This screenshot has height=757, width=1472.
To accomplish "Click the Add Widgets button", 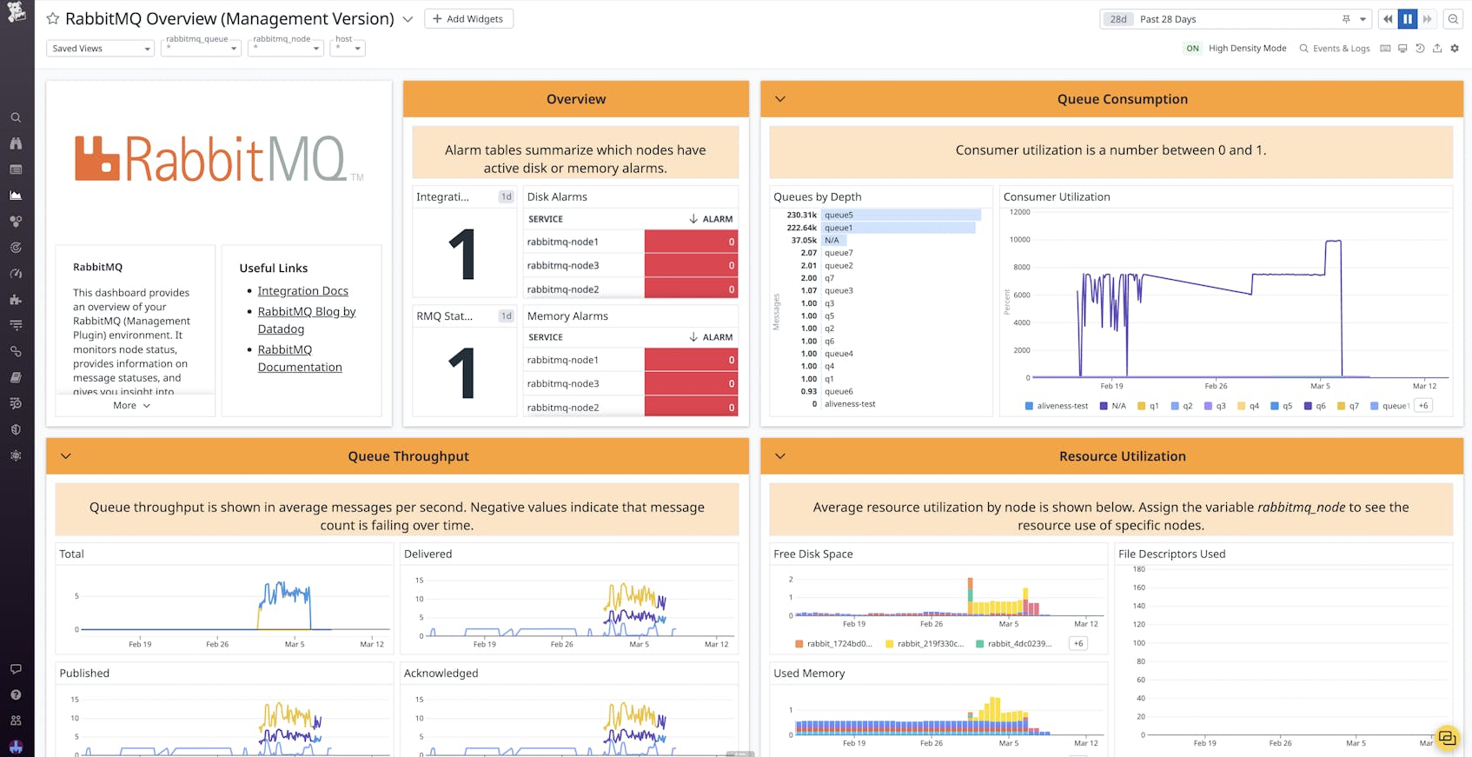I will [468, 19].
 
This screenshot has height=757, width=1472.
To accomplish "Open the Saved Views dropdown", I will [100, 49].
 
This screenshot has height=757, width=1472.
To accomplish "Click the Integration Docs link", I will [302, 291].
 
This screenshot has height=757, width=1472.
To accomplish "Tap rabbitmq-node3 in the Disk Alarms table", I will [562, 266].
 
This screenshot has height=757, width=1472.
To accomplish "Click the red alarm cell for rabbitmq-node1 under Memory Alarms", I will [691, 360].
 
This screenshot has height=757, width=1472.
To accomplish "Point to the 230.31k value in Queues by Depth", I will [801, 215].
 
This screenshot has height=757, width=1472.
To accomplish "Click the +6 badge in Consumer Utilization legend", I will [1422, 406].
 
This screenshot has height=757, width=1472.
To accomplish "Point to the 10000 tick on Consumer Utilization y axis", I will [1018, 240].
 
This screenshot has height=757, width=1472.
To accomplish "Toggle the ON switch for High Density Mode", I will [1192, 49].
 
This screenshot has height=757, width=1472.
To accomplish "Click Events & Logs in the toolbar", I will [1335, 49].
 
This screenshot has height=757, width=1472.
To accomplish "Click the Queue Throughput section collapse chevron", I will [66, 456].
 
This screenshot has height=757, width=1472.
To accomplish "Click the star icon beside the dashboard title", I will [53, 19].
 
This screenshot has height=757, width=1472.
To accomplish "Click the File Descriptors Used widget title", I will [1171, 554].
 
